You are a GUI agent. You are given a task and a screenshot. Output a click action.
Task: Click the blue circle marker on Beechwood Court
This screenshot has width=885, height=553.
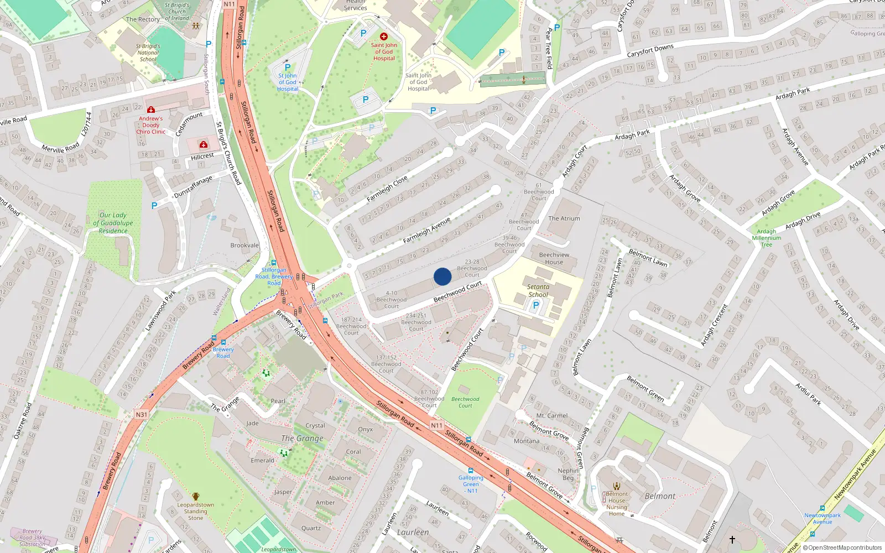pyautogui.click(x=442, y=276)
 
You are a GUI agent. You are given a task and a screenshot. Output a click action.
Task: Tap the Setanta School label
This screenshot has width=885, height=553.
pyautogui.click(x=538, y=290)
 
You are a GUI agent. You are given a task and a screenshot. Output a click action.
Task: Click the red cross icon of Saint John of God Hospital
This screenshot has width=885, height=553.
pyautogui.click(x=384, y=36)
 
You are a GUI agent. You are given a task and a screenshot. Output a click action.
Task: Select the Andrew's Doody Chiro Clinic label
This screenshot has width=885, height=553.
pyautogui.click(x=150, y=125)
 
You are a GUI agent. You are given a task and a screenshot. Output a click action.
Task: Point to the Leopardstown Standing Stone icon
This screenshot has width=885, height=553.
pyautogui.click(x=195, y=497)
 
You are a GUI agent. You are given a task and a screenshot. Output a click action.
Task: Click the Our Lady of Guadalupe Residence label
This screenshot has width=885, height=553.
pyautogui.click(x=113, y=223)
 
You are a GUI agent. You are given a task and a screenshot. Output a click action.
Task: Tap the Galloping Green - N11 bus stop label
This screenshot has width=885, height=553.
pyautogui.click(x=471, y=484)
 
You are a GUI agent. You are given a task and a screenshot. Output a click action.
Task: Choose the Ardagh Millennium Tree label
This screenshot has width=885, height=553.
pyautogui.click(x=766, y=238)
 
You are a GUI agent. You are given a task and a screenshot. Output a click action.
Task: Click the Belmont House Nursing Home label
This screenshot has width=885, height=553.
pyautogui.click(x=617, y=504)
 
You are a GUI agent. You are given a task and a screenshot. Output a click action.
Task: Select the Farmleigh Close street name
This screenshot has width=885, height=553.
pyautogui.click(x=387, y=188)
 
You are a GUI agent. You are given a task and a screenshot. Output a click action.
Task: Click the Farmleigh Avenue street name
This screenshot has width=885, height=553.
pyautogui.click(x=426, y=231)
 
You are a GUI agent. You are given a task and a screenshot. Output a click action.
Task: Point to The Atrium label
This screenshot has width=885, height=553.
pyautogui.click(x=564, y=218)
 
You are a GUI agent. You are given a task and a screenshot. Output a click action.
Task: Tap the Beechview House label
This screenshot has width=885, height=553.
pyautogui.click(x=554, y=258)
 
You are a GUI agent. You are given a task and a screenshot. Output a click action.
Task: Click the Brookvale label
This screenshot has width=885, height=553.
pyautogui.click(x=244, y=245)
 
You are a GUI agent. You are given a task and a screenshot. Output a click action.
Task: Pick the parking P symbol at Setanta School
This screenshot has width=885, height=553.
pyautogui.click(x=535, y=305)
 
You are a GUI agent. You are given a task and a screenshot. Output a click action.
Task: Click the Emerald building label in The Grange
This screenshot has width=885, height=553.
pyautogui.click(x=262, y=460)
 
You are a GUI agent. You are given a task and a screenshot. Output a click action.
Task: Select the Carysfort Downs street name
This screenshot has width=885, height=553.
pyautogui.click(x=650, y=51)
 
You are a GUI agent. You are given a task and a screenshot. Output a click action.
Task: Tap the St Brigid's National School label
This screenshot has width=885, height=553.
pyautogui.click(x=148, y=53)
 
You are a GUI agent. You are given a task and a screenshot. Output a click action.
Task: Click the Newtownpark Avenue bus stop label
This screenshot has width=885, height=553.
pyautogui.click(x=822, y=518)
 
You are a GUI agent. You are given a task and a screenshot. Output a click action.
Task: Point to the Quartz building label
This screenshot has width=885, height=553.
pyautogui.click(x=311, y=528)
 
